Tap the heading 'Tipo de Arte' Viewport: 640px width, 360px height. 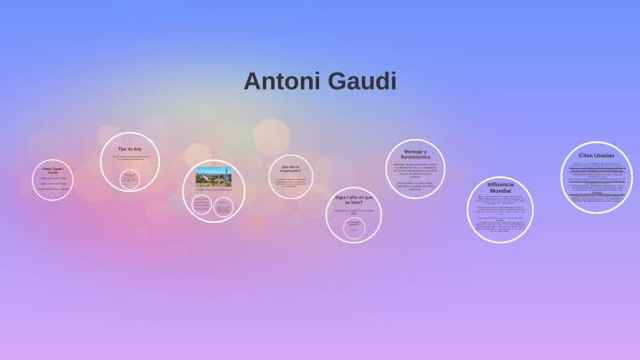130,149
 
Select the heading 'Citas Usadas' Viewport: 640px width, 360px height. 596,155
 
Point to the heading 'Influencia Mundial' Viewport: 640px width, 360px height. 501,187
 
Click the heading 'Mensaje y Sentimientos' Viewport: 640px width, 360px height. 415,154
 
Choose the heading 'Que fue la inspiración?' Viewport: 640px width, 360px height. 290,168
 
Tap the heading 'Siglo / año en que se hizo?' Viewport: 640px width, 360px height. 354,199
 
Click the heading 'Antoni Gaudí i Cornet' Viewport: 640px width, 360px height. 53,170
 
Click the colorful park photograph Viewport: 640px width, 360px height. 214,176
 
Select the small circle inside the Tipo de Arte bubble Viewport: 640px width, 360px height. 130,178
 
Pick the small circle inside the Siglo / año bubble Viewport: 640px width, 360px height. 354,226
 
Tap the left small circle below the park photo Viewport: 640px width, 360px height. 202,205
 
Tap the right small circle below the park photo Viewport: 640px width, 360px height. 224,206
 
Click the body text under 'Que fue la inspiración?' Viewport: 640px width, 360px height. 291,183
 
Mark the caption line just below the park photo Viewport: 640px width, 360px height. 214,189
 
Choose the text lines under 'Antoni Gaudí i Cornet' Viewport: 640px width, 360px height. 53,184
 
